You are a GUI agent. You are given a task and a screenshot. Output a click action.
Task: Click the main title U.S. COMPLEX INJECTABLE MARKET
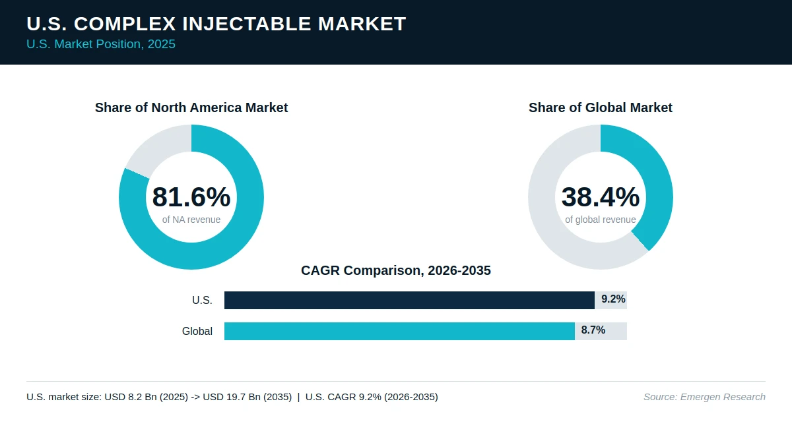(216, 24)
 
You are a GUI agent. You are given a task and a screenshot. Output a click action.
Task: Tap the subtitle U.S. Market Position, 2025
(101, 44)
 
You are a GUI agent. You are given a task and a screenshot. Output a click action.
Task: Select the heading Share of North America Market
(191, 107)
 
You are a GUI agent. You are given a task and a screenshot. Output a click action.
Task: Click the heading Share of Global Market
(601, 107)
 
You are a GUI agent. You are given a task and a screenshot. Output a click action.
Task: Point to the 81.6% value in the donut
(191, 196)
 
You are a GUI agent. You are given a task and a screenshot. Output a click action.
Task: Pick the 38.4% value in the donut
(601, 196)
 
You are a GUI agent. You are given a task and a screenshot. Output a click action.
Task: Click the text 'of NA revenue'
(191, 220)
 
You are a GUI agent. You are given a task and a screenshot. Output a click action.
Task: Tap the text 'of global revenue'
(601, 220)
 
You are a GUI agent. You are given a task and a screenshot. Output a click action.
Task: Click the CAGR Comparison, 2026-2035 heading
(395, 270)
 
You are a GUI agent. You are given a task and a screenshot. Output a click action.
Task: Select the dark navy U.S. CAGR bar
(409, 300)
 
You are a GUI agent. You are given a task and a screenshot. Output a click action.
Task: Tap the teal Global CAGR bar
(399, 331)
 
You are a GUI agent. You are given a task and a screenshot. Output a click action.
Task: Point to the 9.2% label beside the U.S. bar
(613, 299)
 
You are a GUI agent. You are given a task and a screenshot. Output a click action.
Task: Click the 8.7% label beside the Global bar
(593, 330)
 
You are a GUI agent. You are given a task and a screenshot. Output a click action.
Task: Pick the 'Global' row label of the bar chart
(197, 331)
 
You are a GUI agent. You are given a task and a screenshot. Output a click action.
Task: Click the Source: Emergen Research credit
(704, 397)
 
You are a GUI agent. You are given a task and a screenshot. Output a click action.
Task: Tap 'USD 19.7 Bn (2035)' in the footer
(247, 397)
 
